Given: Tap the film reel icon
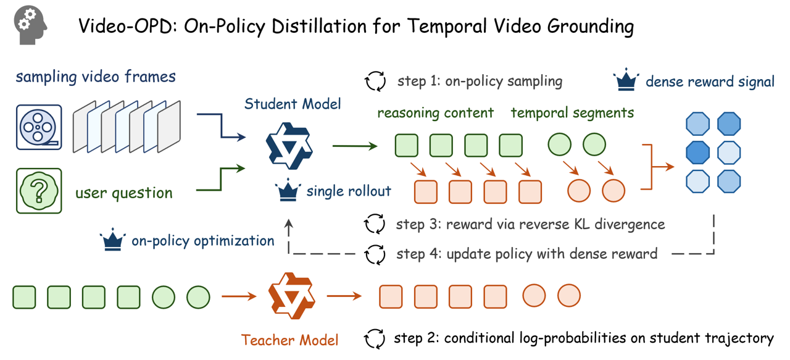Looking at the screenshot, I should pyautogui.click(x=39, y=128).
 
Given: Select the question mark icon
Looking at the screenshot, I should pyautogui.click(x=39, y=191).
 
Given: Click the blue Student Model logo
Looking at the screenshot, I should pyautogui.click(x=289, y=146).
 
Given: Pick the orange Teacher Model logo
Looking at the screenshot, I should pyautogui.click(x=292, y=296).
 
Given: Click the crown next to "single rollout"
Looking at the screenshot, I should pyautogui.click(x=288, y=191).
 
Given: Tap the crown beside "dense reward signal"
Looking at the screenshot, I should pyautogui.click(x=626, y=82).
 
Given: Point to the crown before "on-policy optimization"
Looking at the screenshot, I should pyautogui.click(x=112, y=240).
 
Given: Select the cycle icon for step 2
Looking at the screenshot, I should pyautogui.click(x=375, y=338).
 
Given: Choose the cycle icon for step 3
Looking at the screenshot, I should pyautogui.click(x=375, y=224).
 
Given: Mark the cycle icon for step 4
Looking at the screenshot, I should pyautogui.click(x=375, y=254).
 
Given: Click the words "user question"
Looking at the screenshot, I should pyautogui.click(x=123, y=193).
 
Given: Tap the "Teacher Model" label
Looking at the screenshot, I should pyautogui.click(x=289, y=340).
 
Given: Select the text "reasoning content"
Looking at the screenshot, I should pyautogui.click(x=435, y=112).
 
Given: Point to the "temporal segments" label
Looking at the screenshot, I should pyautogui.click(x=572, y=112).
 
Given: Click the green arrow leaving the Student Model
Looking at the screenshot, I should pyautogui.click(x=354, y=146).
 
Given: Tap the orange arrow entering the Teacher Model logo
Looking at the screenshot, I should pyautogui.click(x=239, y=296).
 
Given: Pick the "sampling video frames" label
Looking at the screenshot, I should pyautogui.click(x=96, y=77).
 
